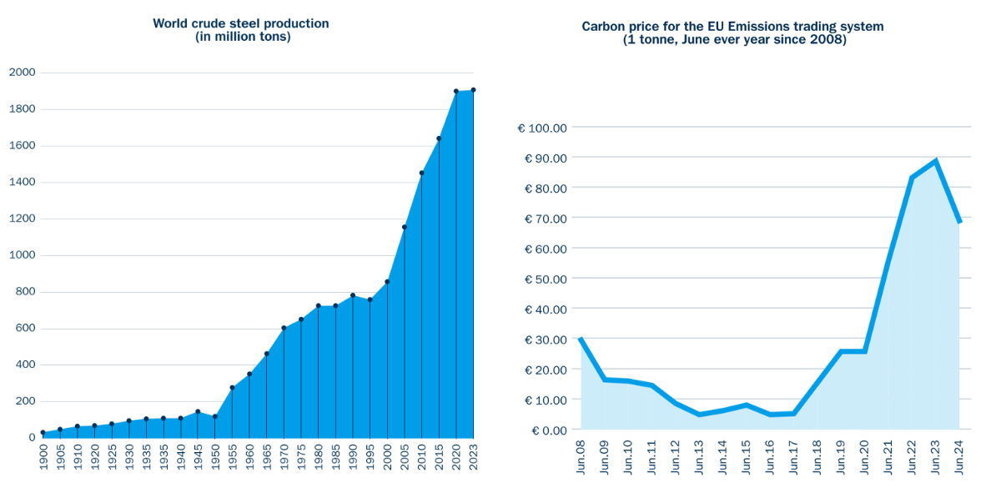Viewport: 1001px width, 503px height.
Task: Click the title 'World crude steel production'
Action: coord(241,23)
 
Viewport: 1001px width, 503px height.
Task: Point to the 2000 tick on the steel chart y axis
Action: coord(22,73)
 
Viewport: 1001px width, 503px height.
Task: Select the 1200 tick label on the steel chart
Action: coord(22,219)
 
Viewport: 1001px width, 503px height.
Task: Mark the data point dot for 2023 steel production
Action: coord(473,90)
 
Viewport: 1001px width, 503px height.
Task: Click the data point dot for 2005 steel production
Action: coord(405,227)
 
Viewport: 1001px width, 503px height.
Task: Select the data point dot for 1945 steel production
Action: coord(198,412)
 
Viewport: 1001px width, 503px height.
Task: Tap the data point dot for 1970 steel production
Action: coord(284,329)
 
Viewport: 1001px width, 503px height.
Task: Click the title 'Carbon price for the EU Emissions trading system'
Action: coord(732,27)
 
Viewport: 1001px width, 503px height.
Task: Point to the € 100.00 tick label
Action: coord(542,128)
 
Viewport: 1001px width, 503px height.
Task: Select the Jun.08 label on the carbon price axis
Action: coord(581,459)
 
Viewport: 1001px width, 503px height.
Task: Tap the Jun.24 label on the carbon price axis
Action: coord(960,459)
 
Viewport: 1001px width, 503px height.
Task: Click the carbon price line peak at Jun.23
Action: coord(936,161)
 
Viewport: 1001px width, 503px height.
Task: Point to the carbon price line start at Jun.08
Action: coord(581,339)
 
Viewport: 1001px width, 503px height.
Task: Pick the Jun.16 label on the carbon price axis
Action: coord(770,459)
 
